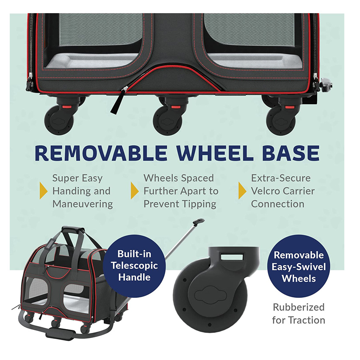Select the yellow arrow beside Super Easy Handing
click(x=43, y=191)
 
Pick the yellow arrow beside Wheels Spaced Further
click(x=135, y=191)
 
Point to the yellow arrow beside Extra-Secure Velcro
click(x=242, y=191)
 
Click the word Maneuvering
click(x=83, y=204)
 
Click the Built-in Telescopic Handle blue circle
click(x=134, y=266)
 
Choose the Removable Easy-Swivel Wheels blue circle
click(x=299, y=267)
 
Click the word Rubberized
click(x=299, y=307)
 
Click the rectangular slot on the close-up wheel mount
click(x=231, y=257)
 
